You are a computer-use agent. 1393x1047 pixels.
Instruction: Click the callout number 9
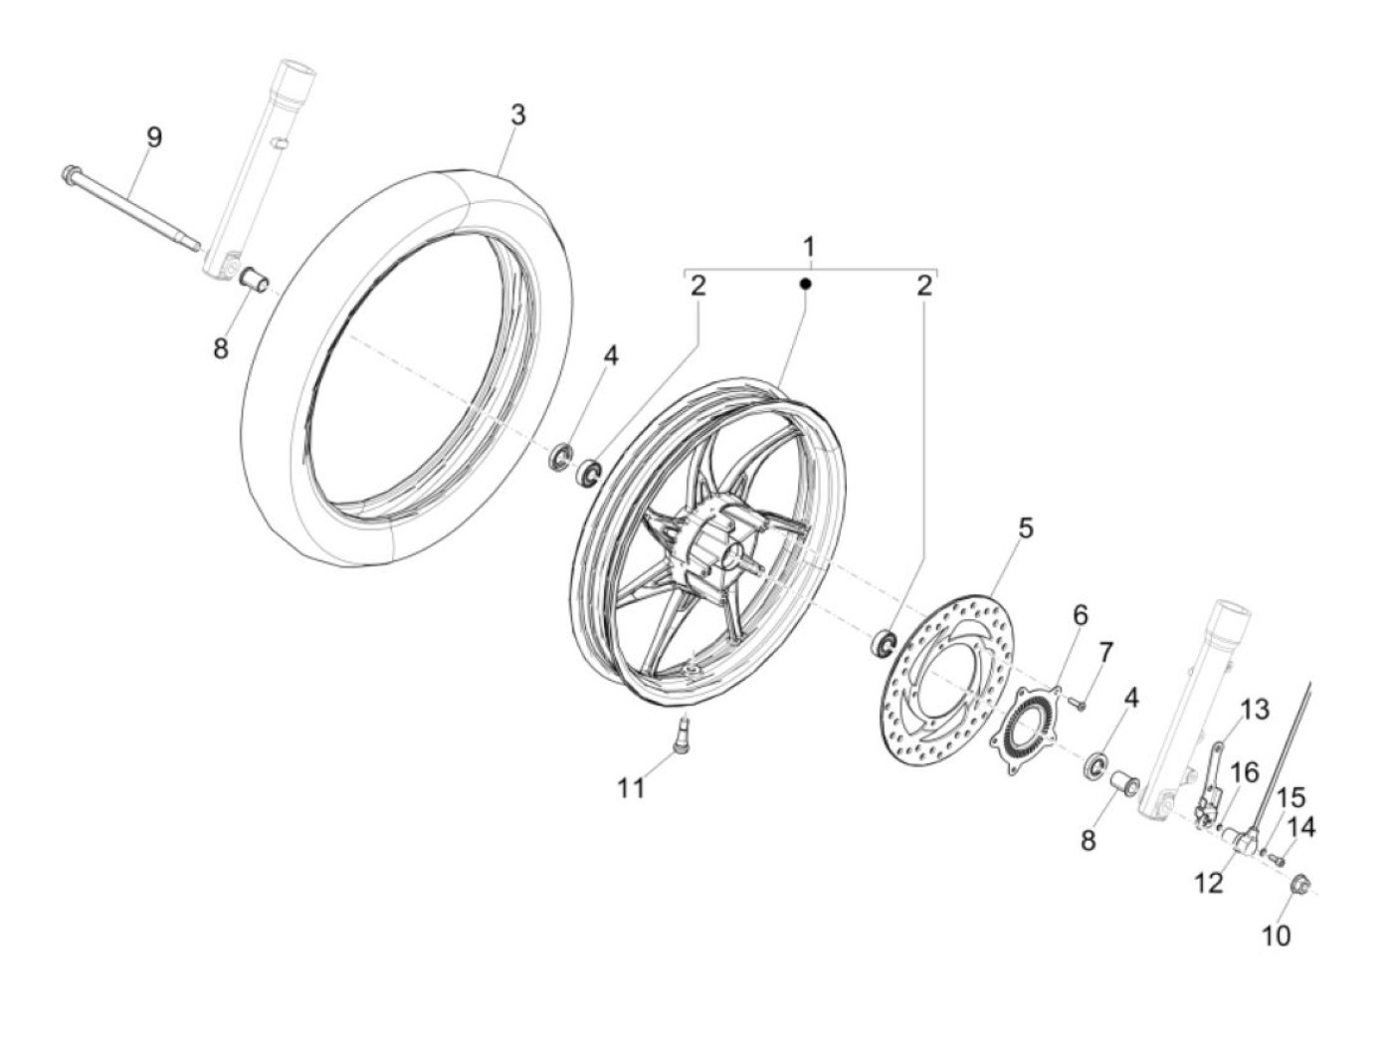pyautogui.click(x=154, y=137)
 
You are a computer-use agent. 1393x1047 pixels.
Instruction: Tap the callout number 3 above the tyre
pyautogui.click(x=518, y=115)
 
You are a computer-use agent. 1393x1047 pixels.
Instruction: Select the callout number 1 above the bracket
pyautogui.click(x=809, y=247)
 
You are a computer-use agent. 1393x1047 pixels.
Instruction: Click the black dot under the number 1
pyautogui.click(x=805, y=284)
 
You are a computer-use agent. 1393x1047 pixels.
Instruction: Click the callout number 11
pyautogui.click(x=631, y=789)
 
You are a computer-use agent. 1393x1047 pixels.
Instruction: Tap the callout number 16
pyautogui.click(x=1245, y=773)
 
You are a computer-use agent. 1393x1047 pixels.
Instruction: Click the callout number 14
pyautogui.click(x=1301, y=827)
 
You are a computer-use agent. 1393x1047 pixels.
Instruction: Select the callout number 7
pyautogui.click(x=1105, y=652)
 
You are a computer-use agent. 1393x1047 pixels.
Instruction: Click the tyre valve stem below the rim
pyautogui.click(x=683, y=733)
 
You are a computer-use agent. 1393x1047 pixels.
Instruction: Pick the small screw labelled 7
pyautogui.click(x=1077, y=703)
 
